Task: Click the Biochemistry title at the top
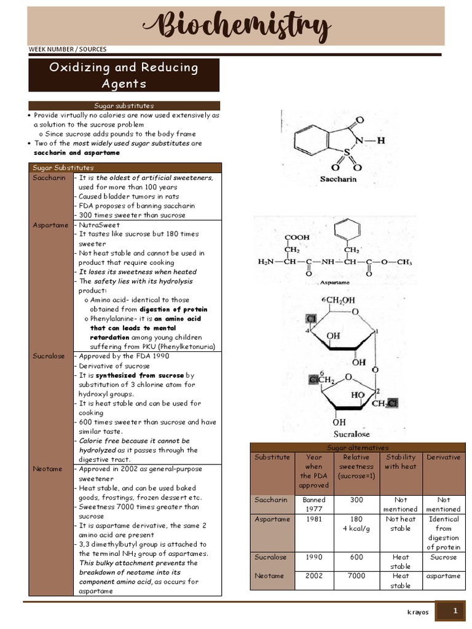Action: [x=236, y=26]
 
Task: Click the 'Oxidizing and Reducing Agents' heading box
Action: [x=124, y=75]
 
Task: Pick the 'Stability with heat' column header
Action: [x=400, y=461]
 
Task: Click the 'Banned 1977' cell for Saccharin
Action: [x=313, y=504]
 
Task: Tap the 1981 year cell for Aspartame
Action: [x=313, y=519]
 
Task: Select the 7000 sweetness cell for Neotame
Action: [x=357, y=576]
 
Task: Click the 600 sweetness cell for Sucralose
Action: [x=357, y=557]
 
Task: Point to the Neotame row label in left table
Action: [x=47, y=469]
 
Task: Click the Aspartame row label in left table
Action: [x=50, y=225]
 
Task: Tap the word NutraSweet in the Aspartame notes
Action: [x=98, y=225]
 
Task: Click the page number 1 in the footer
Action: [x=455, y=611]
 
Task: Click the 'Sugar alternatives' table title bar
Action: [x=357, y=447]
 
